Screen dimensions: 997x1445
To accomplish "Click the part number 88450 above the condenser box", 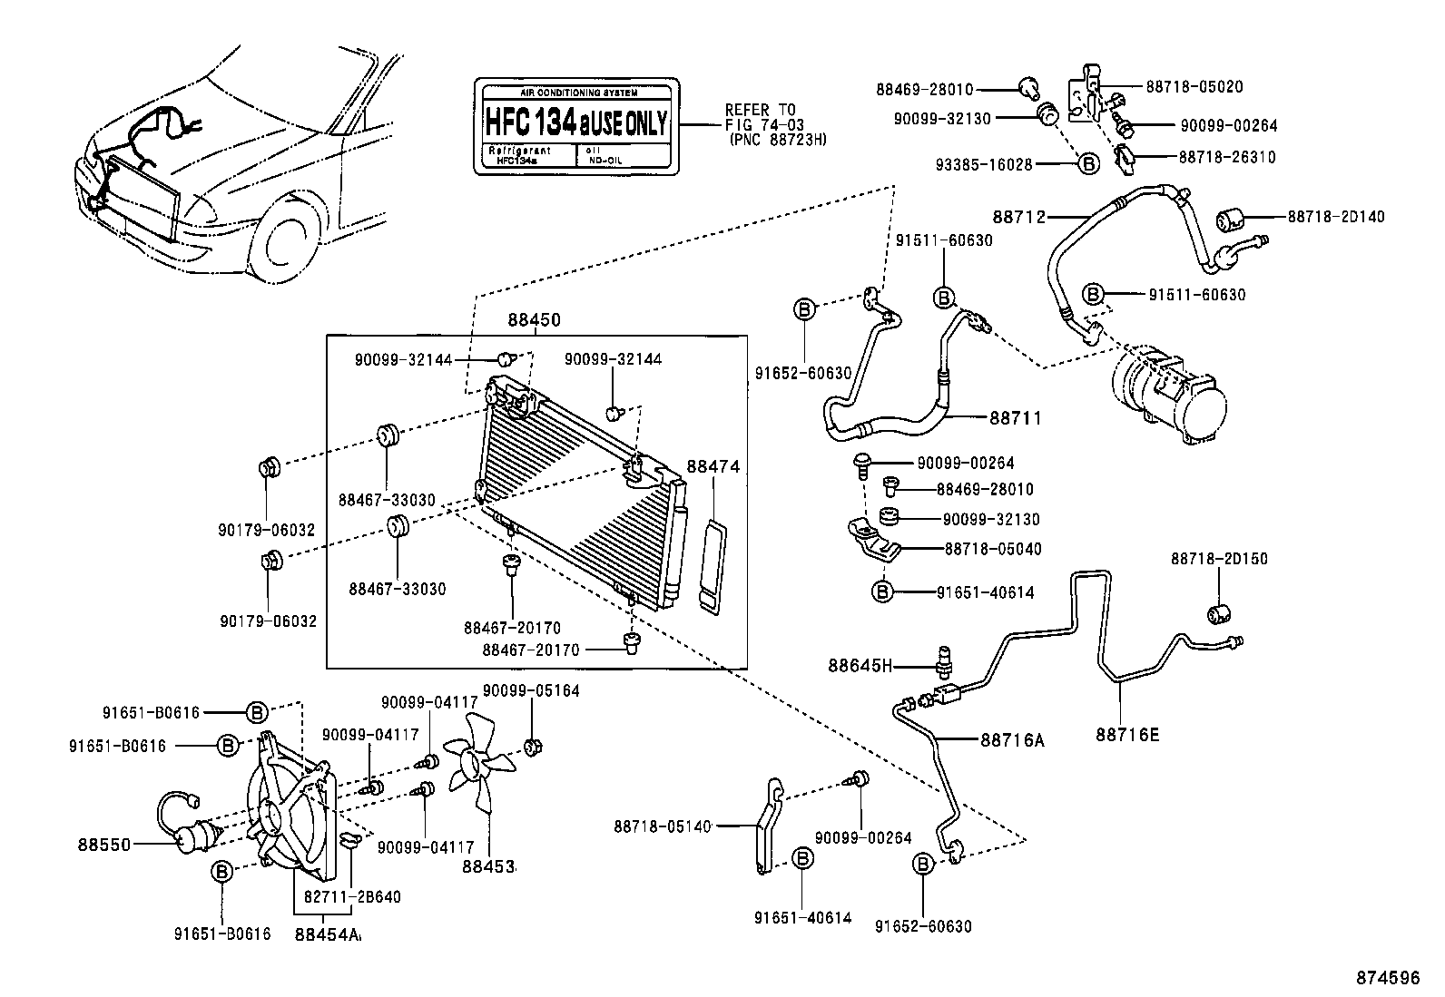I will tap(534, 320).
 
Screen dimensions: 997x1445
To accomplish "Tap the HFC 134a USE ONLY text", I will tap(575, 121).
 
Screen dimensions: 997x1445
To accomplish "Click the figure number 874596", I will tap(1388, 977).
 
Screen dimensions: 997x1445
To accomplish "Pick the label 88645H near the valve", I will tap(860, 667).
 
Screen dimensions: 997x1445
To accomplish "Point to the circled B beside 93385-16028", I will tap(1087, 163).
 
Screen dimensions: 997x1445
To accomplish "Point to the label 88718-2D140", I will tap(1335, 217).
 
